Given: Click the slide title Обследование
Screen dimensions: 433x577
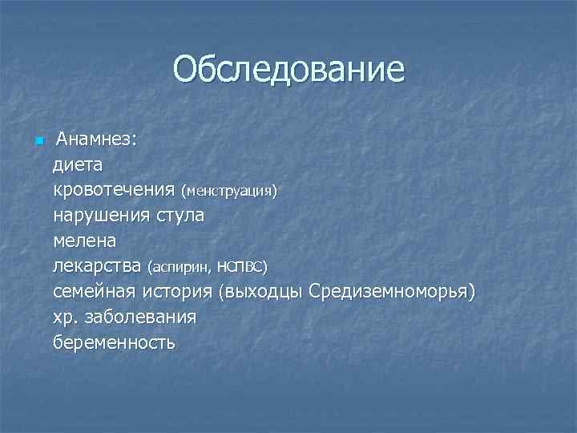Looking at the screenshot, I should pyautogui.click(x=288, y=70).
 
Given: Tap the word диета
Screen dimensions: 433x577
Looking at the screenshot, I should pyautogui.click(x=78, y=165).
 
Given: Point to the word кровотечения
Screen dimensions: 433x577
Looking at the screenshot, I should pyautogui.click(x=114, y=191).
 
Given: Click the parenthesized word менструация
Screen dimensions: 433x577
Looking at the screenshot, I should pyautogui.click(x=229, y=192).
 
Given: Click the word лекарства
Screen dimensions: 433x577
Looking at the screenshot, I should pyautogui.click(x=97, y=265).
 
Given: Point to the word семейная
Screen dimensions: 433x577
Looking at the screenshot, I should pyautogui.click(x=96, y=290).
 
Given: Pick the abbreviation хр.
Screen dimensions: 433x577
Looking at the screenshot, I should pyautogui.click(x=64, y=317).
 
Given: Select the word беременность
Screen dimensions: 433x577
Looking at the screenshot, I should pyautogui.click(x=114, y=342).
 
